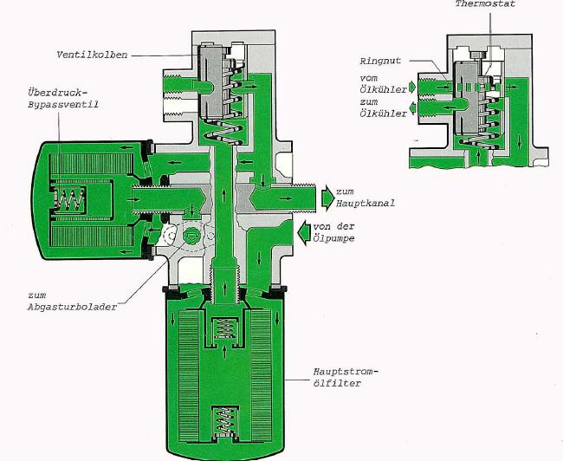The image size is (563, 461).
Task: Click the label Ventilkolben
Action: (92, 55)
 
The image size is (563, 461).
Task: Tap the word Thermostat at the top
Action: (485, 4)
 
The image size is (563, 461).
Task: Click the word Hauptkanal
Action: (366, 203)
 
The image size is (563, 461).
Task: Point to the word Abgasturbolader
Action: (73, 308)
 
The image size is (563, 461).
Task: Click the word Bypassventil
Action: (63, 105)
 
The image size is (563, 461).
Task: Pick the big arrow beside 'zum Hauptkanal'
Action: (327, 198)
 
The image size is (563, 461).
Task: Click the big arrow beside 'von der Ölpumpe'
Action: (304, 232)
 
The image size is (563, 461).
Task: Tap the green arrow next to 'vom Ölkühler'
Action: (411, 87)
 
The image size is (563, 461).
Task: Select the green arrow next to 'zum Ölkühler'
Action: (412, 107)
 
